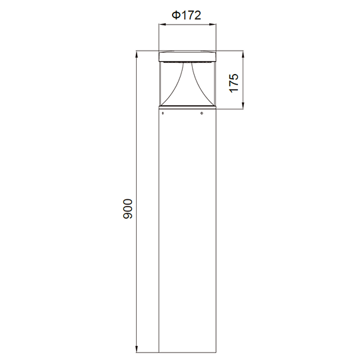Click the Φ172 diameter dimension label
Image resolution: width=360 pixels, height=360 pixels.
186,15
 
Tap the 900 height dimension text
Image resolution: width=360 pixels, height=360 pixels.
128,209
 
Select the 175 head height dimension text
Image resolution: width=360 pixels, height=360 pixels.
234,83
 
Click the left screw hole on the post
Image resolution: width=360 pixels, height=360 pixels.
163,113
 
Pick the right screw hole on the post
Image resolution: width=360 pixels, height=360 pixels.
201,113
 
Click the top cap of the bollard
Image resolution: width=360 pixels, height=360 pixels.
187,57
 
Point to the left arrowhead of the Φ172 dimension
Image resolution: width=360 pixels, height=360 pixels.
162,24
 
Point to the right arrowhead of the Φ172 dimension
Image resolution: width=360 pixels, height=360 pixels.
213,24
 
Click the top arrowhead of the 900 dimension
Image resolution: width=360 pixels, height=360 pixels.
137,54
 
